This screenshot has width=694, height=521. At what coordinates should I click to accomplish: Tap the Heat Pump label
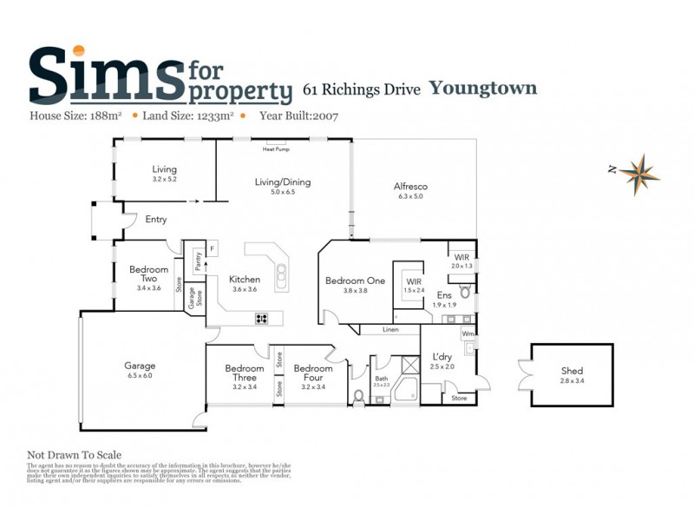pyautogui.click(x=276, y=149)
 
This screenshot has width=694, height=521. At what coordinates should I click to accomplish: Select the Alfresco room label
pyautogui.click(x=410, y=187)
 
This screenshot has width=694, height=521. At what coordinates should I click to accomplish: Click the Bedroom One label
pyautogui.click(x=355, y=280)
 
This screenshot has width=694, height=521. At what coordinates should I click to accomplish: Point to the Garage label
pyautogui.click(x=140, y=366)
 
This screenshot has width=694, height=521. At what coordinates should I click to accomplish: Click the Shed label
pyautogui.click(x=572, y=371)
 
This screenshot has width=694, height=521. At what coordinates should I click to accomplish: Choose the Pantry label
pyautogui.click(x=198, y=261)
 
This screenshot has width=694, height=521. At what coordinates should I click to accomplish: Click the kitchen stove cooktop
pyautogui.click(x=261, y=319)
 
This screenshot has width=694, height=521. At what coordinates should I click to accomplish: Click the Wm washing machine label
pyautogui.click(x=468, y=333)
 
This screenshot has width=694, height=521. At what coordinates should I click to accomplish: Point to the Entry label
pyautogui.click(x=156, y=220)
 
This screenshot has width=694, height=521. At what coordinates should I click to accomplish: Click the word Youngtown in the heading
pyautogui.click(x=482, y=88)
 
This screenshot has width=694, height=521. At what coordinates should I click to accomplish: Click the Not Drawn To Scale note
pyautogui.click(x=75, y=454)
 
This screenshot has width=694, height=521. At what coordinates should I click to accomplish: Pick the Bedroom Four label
pyautogui.click(x=312, y=373)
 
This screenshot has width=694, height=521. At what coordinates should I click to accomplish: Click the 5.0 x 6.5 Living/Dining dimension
pyautogui.click(x=282, y=192)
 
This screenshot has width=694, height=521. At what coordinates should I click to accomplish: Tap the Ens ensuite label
pyautogui.click(x=444, y=295)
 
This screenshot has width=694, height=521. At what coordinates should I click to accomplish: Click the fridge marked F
pyautogui.click(x=213, y=249)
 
